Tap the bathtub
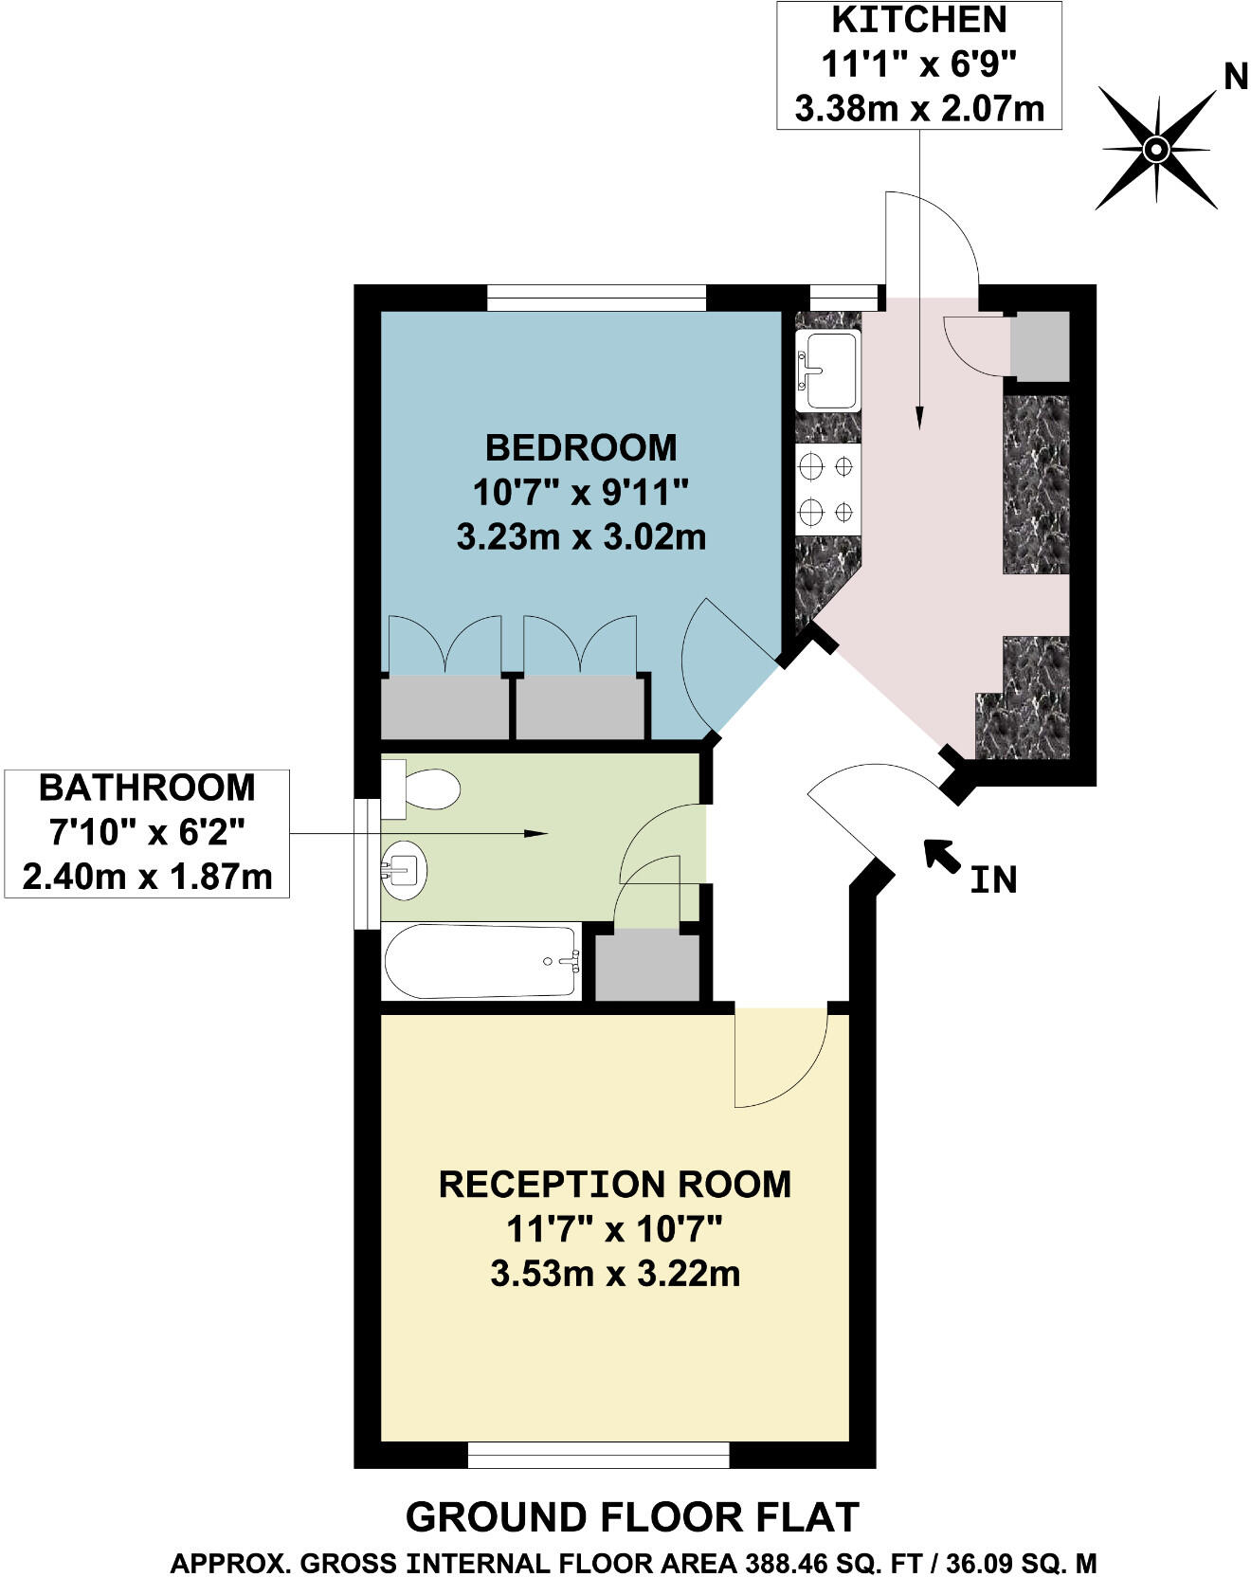point(480,961)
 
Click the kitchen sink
point(826,371)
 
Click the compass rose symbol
point(1156,149)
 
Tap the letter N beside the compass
point(1235,76)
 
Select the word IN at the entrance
point(993,880)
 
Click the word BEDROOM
point(581,446)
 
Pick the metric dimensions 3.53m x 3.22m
point(615,1273)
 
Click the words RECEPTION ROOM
point(615,1184)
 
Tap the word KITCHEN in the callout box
point(918,19)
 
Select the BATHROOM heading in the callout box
point(147,788)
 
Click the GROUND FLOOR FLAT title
point(632,1517)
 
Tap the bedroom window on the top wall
point(597,298)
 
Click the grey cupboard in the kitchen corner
point(1039,345)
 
